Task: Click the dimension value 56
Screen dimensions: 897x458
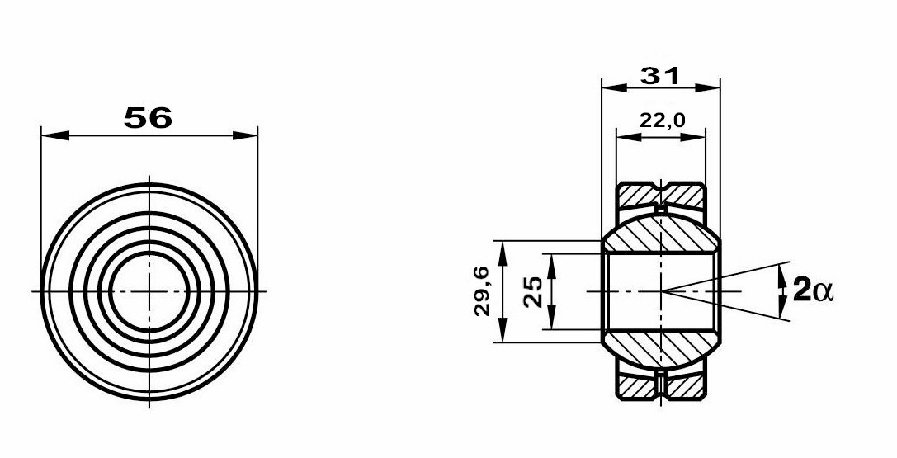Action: tap(148, 118)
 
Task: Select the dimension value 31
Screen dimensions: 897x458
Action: tap(660, 75)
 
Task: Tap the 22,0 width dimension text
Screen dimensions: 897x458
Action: tap(662, 120)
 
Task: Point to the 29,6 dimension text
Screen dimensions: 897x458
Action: tap(482, 291)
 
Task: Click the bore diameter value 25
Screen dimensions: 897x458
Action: tap(533, 291)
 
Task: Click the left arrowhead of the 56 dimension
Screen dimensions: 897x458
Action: tap(55, 136)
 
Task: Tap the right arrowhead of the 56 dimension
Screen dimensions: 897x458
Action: tap(244, 136)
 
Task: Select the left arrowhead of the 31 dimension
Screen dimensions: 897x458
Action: tap(615, 87)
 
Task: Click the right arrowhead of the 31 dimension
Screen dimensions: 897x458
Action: tap(707, 87)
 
